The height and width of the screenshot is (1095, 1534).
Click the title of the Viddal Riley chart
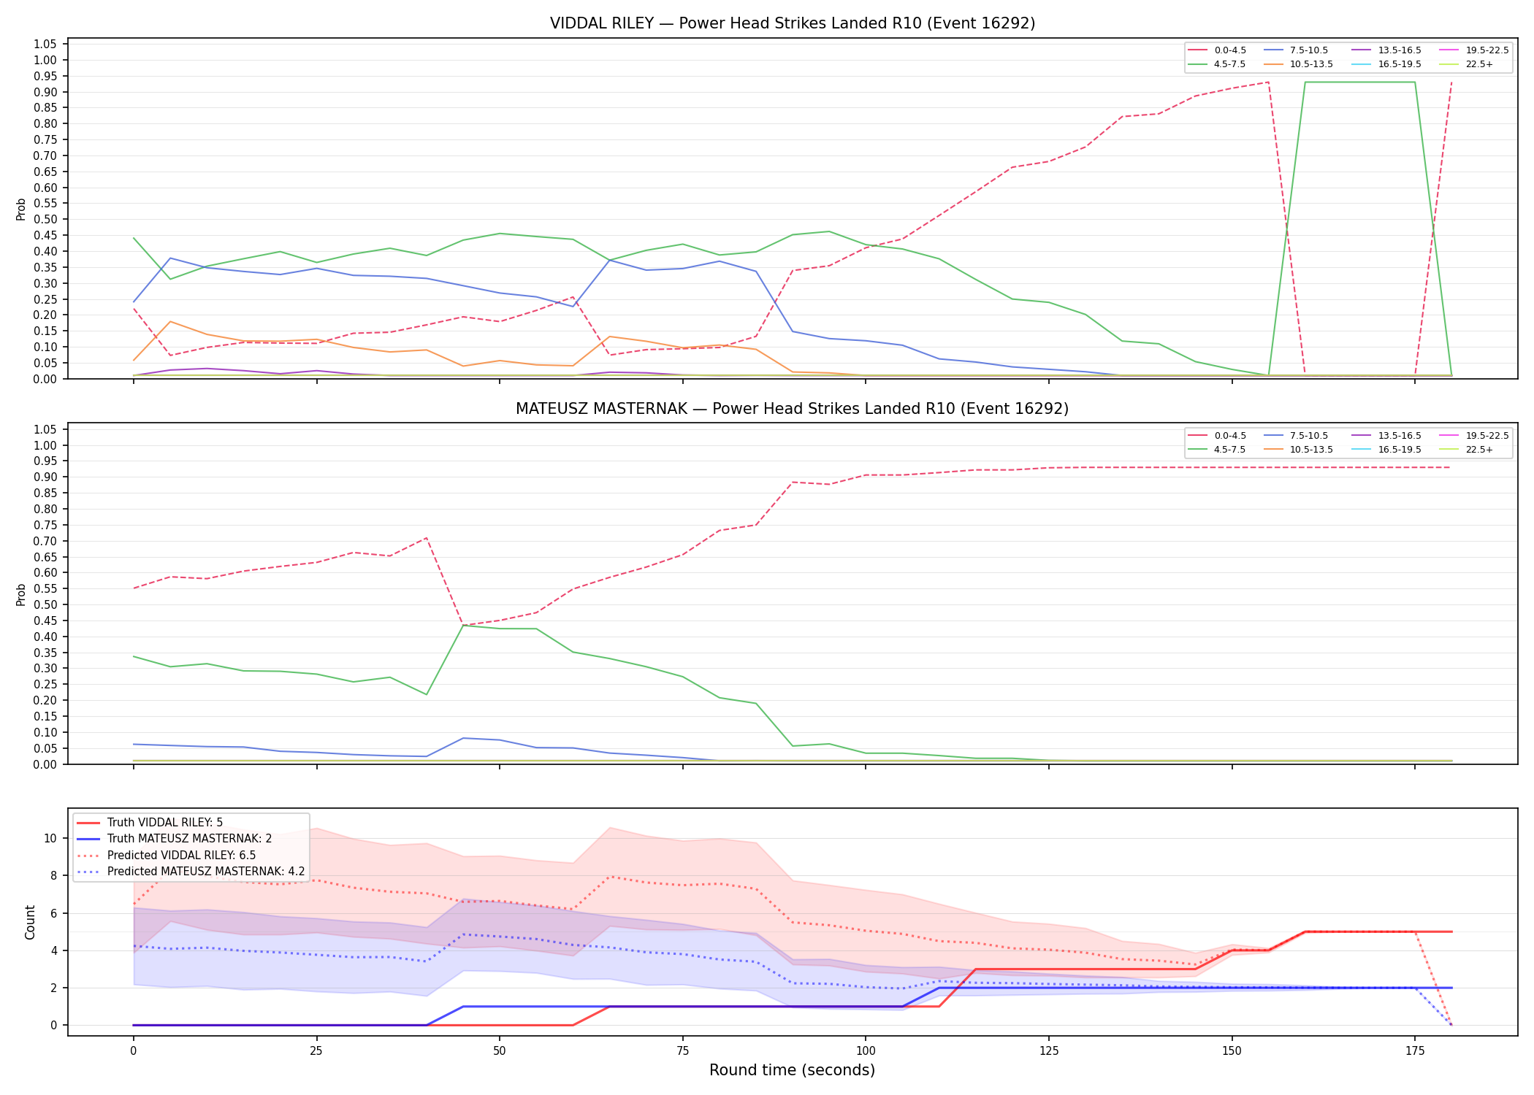pos(793,23)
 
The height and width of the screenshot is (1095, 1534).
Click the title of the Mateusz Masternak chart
pos(793,409)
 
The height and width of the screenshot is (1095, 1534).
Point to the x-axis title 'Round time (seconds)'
pos(793,1070)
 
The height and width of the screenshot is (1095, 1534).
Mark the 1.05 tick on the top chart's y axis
pos(45,45)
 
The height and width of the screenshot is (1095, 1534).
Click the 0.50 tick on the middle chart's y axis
pos(45,604)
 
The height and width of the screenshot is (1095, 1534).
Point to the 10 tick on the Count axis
pos(50,838)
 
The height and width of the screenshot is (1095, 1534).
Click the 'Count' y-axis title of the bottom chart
pos(30,922)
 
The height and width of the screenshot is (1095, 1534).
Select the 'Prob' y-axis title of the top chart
pos(21,209)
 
